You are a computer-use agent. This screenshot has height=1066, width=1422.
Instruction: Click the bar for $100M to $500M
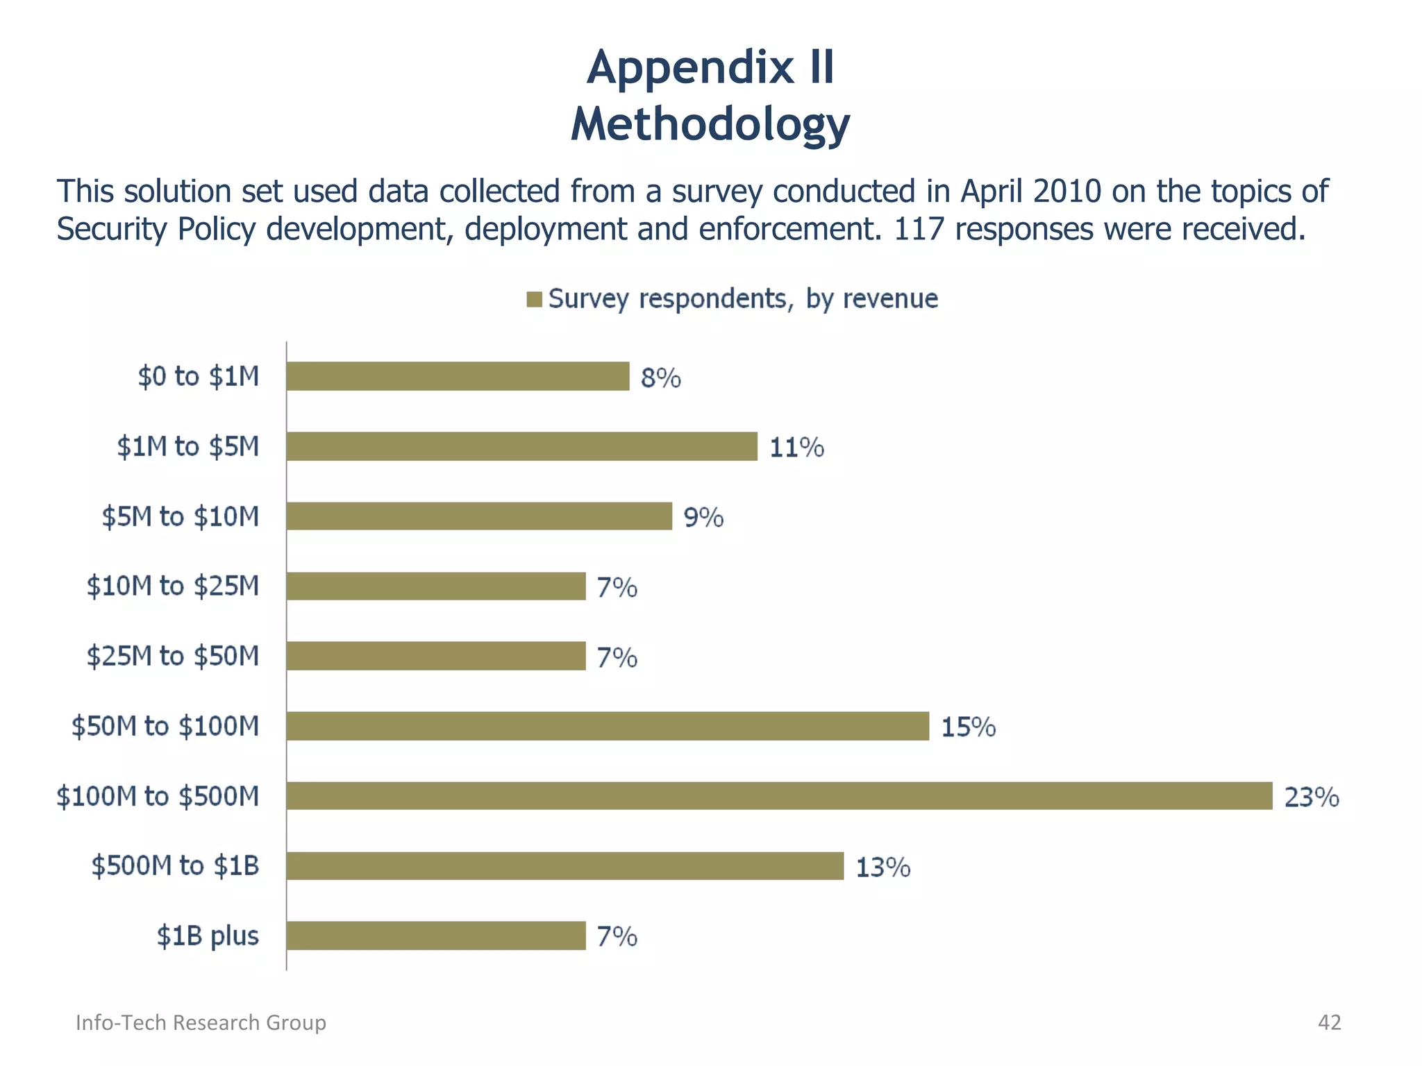[779, 796]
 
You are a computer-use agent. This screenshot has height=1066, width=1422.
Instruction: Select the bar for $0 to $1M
[458, 376]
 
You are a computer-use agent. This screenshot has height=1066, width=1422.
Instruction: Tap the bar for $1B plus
[435, 936]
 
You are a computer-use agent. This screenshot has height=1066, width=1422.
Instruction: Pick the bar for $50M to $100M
[608, 726]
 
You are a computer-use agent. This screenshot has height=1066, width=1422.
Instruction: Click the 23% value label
[1311, 797]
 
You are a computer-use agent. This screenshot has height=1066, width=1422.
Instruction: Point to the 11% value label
[796, 448]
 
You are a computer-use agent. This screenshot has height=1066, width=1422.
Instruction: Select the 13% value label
[883, 868]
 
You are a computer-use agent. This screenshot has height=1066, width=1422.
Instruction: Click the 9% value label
[703, 518]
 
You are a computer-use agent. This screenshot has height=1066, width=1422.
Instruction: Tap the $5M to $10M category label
[181, 517]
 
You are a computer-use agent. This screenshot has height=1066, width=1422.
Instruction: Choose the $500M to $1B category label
[176, 866]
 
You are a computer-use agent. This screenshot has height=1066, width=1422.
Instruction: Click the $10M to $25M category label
[173, 586]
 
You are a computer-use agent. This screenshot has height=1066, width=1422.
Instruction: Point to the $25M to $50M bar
[435, 656]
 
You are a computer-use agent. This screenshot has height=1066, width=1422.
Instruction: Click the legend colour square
[534, 299]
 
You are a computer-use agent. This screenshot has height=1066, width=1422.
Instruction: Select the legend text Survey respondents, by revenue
[743, 298]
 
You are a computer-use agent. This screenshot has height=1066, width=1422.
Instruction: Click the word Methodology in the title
[710, 124]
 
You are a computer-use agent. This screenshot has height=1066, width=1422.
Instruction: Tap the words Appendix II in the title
[710, 68]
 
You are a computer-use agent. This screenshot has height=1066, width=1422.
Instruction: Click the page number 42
[1329, 1022]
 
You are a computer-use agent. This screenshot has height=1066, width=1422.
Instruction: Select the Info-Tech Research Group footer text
[201, 1022]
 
